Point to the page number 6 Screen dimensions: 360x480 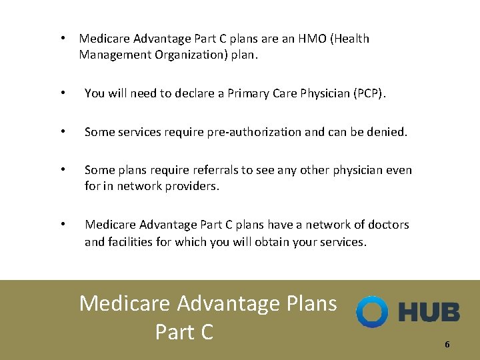click(447, 345)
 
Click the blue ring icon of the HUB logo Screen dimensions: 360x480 click(371, 311)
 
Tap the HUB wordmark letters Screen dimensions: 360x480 click(429, 312)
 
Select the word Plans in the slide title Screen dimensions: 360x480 click(311, 303)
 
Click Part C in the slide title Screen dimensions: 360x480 click(184, 331)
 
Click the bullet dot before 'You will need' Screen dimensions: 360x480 click(62, 93)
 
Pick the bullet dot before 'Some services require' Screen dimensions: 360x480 click(62, 132)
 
